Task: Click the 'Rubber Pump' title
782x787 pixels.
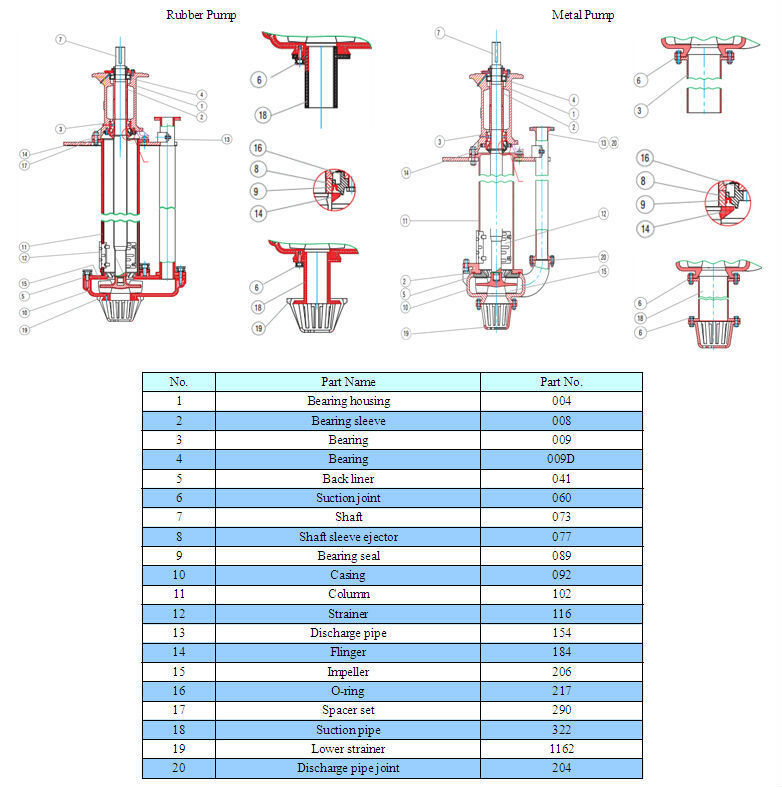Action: tap(200, 15)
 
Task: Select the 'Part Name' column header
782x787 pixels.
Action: tap(348, 381)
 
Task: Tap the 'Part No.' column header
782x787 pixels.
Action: tap(561, 381)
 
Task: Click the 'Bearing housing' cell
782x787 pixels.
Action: tap(348, 401)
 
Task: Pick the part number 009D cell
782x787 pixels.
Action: tap(561, 459)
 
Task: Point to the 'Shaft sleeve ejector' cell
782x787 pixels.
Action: tap(348, 537)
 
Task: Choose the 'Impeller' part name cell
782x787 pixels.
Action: tap(348, 672)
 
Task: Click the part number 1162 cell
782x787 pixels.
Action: tap(561, 749)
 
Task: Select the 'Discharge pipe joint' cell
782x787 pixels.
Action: tap(348, 768)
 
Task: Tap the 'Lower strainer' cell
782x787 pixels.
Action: tap(348, 749)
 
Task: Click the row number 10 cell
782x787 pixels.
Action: tap(178, 575)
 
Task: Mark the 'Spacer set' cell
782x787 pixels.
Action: tap(348, 710)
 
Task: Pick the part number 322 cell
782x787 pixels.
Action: tap(561, 730)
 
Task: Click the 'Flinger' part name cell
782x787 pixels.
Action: tap(348, 652)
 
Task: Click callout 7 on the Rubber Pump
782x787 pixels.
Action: tap(60, 40)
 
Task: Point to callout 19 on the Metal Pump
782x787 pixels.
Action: tap(407, 332)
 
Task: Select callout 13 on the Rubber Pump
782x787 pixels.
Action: tap(226, 139)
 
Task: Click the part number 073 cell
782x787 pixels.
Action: tap(561, 517)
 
